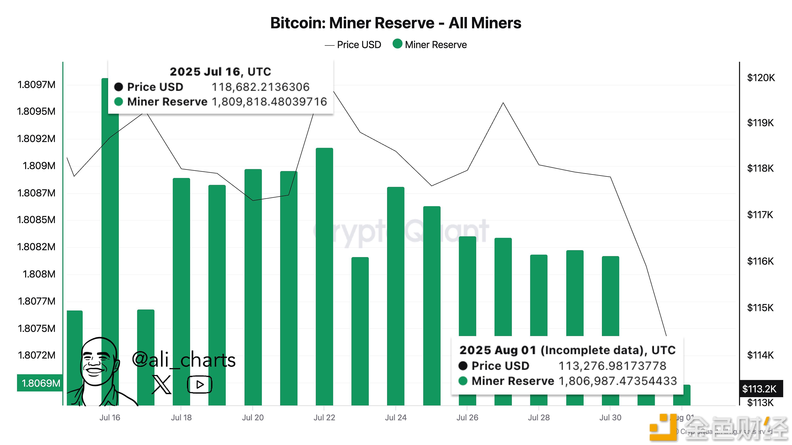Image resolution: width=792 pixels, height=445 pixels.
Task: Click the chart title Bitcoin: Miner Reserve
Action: (x=395, y=23)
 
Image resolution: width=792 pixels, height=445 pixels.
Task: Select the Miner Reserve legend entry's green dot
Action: (x=397, y=44)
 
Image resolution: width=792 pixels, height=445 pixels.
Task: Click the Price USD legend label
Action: (x=359, y=45)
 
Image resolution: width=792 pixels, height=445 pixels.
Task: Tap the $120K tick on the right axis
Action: (x=761, y=78)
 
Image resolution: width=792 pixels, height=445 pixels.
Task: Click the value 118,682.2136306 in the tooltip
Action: (x=260, y=87)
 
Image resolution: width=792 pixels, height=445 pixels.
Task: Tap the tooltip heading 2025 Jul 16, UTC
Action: (x=220, y=72)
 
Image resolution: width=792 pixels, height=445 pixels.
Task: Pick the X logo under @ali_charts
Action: (x=161, y=384)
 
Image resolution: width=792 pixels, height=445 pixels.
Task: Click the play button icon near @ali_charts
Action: (x=200, y=384)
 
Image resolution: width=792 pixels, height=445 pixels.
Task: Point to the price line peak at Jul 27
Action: (x=503, y=103)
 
